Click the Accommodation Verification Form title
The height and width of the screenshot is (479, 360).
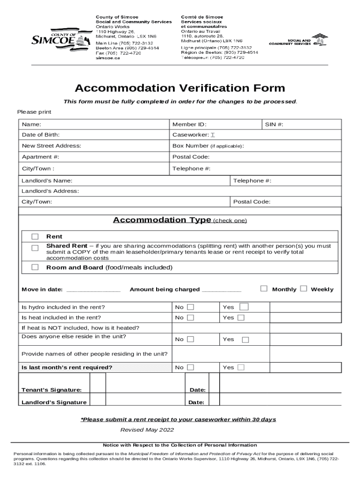(x=180, y=88)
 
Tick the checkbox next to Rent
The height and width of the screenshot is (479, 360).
(x=35, y=237)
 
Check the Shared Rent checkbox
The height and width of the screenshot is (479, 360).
(x=35, y=248)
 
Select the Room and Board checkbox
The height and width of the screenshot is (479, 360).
(x=35, y=268)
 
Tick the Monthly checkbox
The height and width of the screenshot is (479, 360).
(x=264, y=289)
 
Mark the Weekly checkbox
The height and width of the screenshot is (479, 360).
(x=303, y=289)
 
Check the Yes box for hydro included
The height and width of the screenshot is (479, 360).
(x=244, y=307)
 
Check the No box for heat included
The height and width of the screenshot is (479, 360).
(x=190, y=318)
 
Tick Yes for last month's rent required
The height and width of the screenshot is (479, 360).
(x=241, y=367)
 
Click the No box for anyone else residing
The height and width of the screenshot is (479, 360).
(x=191, y=339)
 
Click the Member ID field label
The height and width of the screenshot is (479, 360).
(x=189, y=124)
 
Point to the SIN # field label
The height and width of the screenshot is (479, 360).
(x=274, y=124)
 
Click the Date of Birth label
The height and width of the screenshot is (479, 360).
(x=41, y=135)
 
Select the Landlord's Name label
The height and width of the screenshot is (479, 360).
(x=47, y=181)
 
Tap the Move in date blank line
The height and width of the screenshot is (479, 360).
(x=94, y=290)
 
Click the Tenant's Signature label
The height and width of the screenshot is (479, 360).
(x=51, y=390)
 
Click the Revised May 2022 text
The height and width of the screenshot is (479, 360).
(x=147, y=430)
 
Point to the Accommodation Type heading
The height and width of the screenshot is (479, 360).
(x=162, y=220)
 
